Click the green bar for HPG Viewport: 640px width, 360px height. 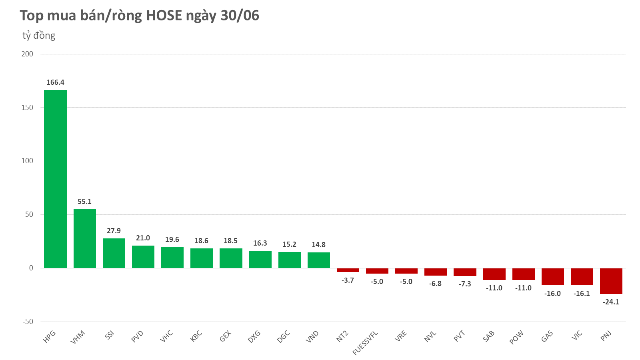point(55,179)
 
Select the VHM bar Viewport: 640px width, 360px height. point(84,238)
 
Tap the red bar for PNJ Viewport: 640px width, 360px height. point(611,281)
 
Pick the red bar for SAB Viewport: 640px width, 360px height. point(494,274)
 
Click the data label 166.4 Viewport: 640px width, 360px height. point(55,82)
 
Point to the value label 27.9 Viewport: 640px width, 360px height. point(114,231)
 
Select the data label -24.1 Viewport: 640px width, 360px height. point(611,302)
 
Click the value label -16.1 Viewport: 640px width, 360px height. point(582,294)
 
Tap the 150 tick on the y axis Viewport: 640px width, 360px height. point(27,108)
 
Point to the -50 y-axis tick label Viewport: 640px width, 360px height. point(27,322)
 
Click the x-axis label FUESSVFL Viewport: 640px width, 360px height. point(365,343)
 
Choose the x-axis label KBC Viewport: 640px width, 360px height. point(196,336)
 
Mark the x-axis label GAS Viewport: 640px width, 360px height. point(547,336)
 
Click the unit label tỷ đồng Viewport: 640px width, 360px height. point(39,36)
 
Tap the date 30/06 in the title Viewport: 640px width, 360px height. point(240,16)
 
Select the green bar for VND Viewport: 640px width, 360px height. point(318,260)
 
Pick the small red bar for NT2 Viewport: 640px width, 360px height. point(348,270)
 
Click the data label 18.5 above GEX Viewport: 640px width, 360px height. point(230,241)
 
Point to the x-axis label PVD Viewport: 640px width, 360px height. point(137,336)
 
